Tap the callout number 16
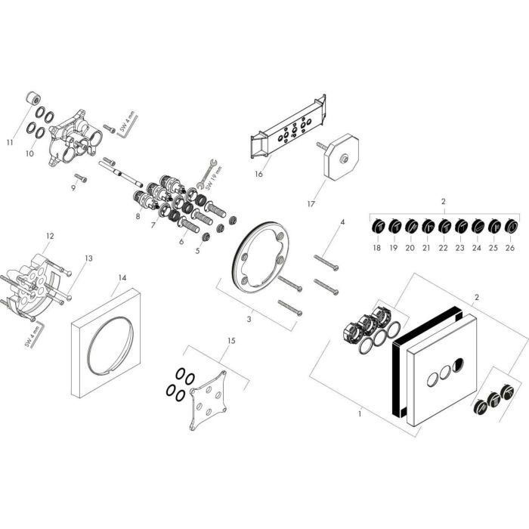click(x=258, y=173)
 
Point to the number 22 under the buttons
click(x=444, y=247)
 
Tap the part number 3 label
click(x=250, y=319)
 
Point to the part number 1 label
click(x=360, y=413)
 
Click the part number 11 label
click(x=10, y=141)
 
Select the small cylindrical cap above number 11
click(x=33, y=99)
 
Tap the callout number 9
click(x=73, y=187)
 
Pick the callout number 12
click(x=50, y=236)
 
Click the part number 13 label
click(x=88, y=258)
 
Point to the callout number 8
click(x=138, y=217)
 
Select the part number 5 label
click(x=197, y=249)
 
